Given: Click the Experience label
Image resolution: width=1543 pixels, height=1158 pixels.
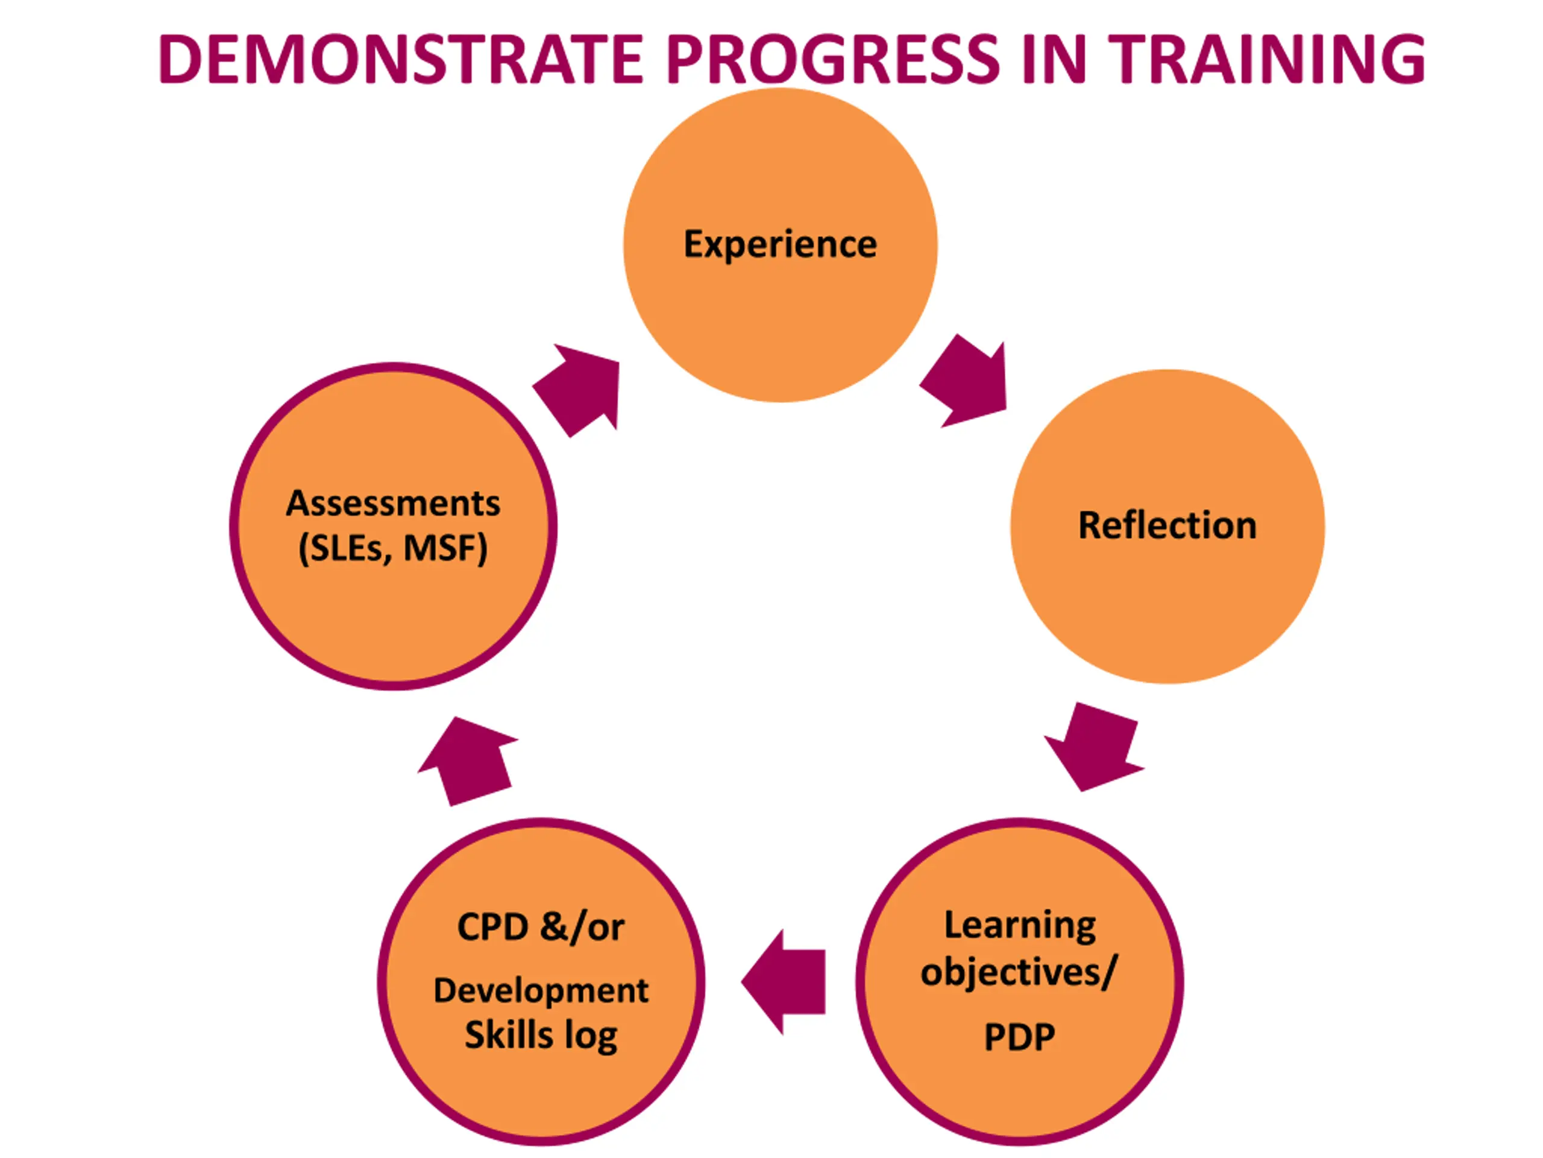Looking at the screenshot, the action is point(780,244).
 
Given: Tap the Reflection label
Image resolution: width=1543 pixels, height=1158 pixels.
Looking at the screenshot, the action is point(1167,525).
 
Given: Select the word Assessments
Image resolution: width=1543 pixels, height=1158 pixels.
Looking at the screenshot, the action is point(393,503).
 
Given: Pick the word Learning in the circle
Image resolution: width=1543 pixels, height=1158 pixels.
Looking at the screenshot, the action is point(1020,926).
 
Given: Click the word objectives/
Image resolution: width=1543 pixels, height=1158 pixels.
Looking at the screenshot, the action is point(1019,972).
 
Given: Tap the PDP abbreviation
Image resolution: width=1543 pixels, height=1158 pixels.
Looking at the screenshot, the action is point(1019,1037).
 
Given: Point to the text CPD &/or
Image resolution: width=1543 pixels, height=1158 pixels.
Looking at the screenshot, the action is point(541,928).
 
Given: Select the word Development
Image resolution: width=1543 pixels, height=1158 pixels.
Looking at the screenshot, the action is point(541,990).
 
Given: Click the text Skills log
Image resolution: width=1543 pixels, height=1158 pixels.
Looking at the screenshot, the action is point(541,1035).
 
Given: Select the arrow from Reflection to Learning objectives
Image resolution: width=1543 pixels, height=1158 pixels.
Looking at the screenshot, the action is point(1091,747).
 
